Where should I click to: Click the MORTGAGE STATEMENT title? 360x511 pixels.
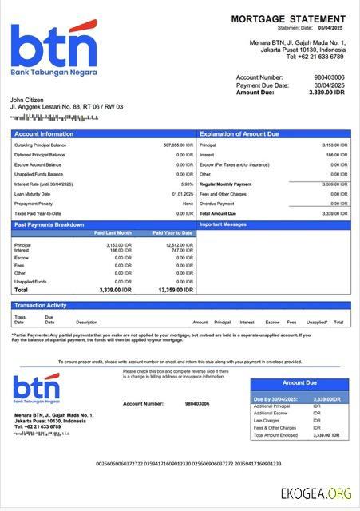pyautogui.click(x=288, y=18)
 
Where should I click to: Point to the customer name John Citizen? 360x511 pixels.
pyautogui.click(x=28, y=100)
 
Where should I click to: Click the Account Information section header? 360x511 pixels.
pyautogui.click(x=44, y=134)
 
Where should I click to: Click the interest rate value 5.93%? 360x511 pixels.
pyautogui.click(x=187, y=184)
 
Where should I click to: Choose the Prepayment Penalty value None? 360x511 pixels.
pyautogui.click(x=188, y=204)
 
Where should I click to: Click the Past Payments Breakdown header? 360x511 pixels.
pyautogui.click(x=49, y=225)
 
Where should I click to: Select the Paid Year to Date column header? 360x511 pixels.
pyautogui.click(x=172, y=233)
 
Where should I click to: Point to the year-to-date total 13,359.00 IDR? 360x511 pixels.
pyautogui.click(x=176, y=290)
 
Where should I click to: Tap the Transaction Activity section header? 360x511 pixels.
pyautogui.click(x=40, y=305)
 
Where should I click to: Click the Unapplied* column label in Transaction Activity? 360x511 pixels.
pyautogui.click(x=316, y=323)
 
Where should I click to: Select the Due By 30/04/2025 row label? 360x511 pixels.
pyautogui.click(x=276, y=398)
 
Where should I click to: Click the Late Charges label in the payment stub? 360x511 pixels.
pyautogui.click(x=266, y=420)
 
